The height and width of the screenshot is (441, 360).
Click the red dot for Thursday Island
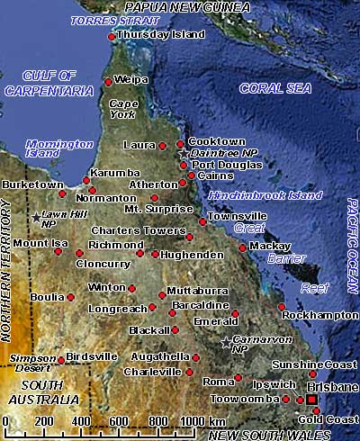[111, 37]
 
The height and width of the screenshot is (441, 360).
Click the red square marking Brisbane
[311, 399]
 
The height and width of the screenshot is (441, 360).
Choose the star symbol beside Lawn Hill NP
[36, 217]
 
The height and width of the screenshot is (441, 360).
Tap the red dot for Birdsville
[61, 360]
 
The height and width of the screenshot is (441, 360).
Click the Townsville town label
[237, 217]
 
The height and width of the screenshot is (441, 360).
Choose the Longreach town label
[116, 308]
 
